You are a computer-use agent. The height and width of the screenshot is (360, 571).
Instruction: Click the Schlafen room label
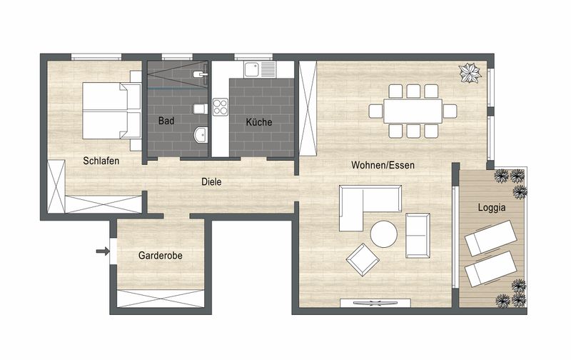pos(101,161)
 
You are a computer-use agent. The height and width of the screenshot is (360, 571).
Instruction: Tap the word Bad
pos(166,121)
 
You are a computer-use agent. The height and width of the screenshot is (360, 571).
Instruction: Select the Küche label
pos(259,121)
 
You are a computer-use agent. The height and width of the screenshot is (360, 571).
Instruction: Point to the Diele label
pos(211,181)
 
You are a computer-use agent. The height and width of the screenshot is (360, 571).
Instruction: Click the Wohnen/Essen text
pos(383,165)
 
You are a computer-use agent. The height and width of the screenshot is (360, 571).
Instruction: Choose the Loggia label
pos(492,207)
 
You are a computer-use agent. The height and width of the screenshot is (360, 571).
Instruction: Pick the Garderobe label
pos(160,256)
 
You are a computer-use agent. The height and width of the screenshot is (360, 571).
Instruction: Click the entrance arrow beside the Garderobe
pos(103,251)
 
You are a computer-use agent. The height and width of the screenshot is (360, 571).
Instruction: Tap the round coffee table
pos(384,234)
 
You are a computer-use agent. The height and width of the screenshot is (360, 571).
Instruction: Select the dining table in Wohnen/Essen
pos(413,111)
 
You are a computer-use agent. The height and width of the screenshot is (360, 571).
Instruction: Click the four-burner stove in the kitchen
pos(221,107)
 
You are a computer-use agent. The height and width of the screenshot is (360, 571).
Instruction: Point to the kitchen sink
pos(260,69)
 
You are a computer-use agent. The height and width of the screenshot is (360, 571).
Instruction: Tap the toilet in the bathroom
pos(201,109)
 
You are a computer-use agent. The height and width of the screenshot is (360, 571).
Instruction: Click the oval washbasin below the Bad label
pos(201,135)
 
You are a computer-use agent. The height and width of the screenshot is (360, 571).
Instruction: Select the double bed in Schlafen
pos(112,111)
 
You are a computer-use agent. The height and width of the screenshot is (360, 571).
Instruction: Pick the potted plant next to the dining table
pos(470,74)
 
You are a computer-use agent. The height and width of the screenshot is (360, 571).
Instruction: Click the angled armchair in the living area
pos(363,259)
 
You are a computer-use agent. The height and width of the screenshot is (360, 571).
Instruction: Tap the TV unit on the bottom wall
pos(375,303)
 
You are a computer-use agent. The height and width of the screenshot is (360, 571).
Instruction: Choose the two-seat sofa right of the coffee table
pos(418,236)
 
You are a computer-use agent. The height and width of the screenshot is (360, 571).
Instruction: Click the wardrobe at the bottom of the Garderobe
pos(161,299)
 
